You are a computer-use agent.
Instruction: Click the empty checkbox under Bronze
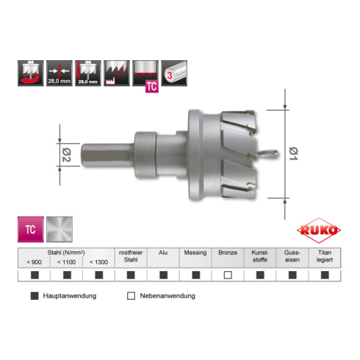pyautogui.click(x=228, y=276)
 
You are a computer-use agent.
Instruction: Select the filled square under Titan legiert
pyautogui.click(x=325, y=276)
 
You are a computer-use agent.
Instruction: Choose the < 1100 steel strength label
pyautogui.click(x=66, y=262)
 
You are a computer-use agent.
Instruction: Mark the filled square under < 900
pyautogui.click(x=34, y=276)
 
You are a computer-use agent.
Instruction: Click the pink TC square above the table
pyautogui.click(x=29, y=229)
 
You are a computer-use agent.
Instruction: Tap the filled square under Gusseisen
pyautogui.click(x=292, y=276)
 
